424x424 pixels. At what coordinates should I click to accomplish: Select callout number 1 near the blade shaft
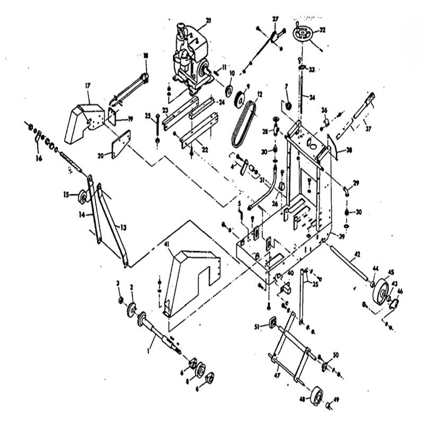tap(150, 350)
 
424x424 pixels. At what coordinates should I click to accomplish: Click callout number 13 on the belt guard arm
tap(123, 226)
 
